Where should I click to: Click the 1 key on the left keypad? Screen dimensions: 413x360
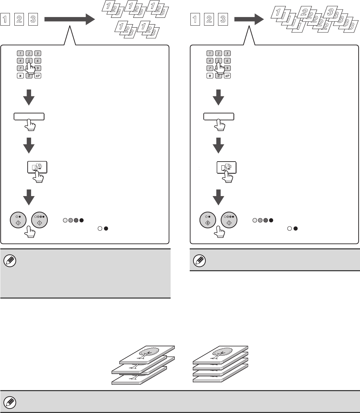21,54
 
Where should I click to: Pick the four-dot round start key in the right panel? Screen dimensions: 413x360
228,220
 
